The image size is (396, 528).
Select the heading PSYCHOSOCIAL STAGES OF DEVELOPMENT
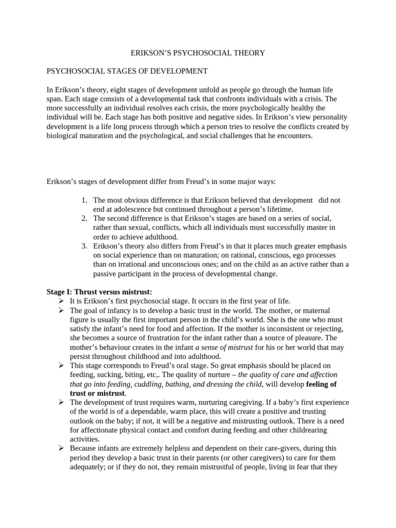[x=127, y=71]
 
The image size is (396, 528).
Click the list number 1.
[x=85, y=200]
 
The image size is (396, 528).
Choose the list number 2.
[x=85, y=219]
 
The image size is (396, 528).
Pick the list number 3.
[x=85, y=246]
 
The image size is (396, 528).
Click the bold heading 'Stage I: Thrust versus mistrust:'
[x=100, y=292]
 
